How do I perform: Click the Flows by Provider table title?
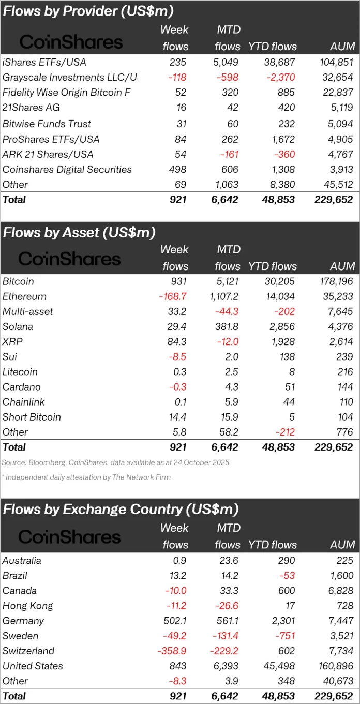[88, 11]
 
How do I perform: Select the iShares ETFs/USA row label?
[44, 62]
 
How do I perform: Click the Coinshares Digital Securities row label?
[67, 170]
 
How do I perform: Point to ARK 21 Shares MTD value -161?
[227, 154]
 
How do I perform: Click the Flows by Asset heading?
[79, 233]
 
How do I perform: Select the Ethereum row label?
[24, 297]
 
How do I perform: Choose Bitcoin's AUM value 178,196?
[334, 282]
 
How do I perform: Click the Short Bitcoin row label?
[32, 417]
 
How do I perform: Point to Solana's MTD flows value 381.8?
[226, 327]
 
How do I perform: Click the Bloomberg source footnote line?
[115, 462]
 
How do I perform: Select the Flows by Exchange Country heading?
[121, 510]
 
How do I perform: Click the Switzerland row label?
[28, 651]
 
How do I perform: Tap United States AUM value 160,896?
[334, 666]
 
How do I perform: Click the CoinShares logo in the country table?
[69, 536]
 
